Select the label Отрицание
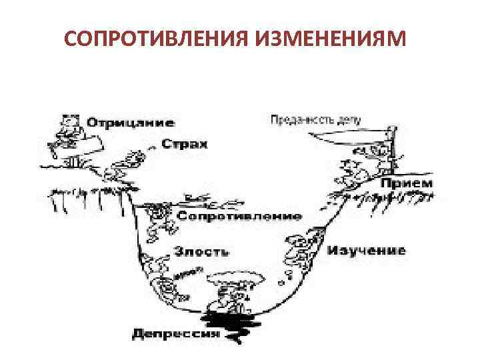131,122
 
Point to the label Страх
185,144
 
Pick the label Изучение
366,251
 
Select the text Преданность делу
316,121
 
